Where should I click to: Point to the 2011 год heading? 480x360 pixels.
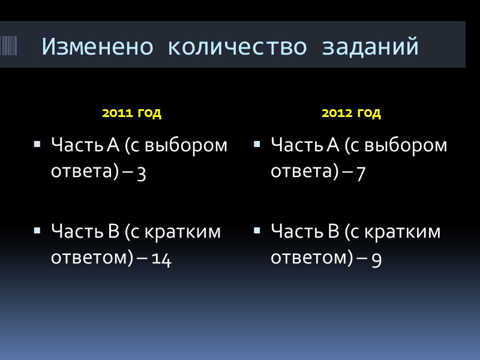(x=132, y=113)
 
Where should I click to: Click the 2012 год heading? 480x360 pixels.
(x=351, y=113)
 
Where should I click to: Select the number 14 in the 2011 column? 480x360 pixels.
(x=162, y=260)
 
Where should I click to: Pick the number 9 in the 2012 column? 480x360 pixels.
(x=377, y=260)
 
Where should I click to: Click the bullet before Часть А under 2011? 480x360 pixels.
(x=38, y=145)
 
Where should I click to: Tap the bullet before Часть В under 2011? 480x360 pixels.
(x=38, y=231)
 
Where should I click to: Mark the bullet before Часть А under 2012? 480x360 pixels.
(x=257, y=145)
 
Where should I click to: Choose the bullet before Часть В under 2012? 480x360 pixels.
(x=257, y=231)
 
